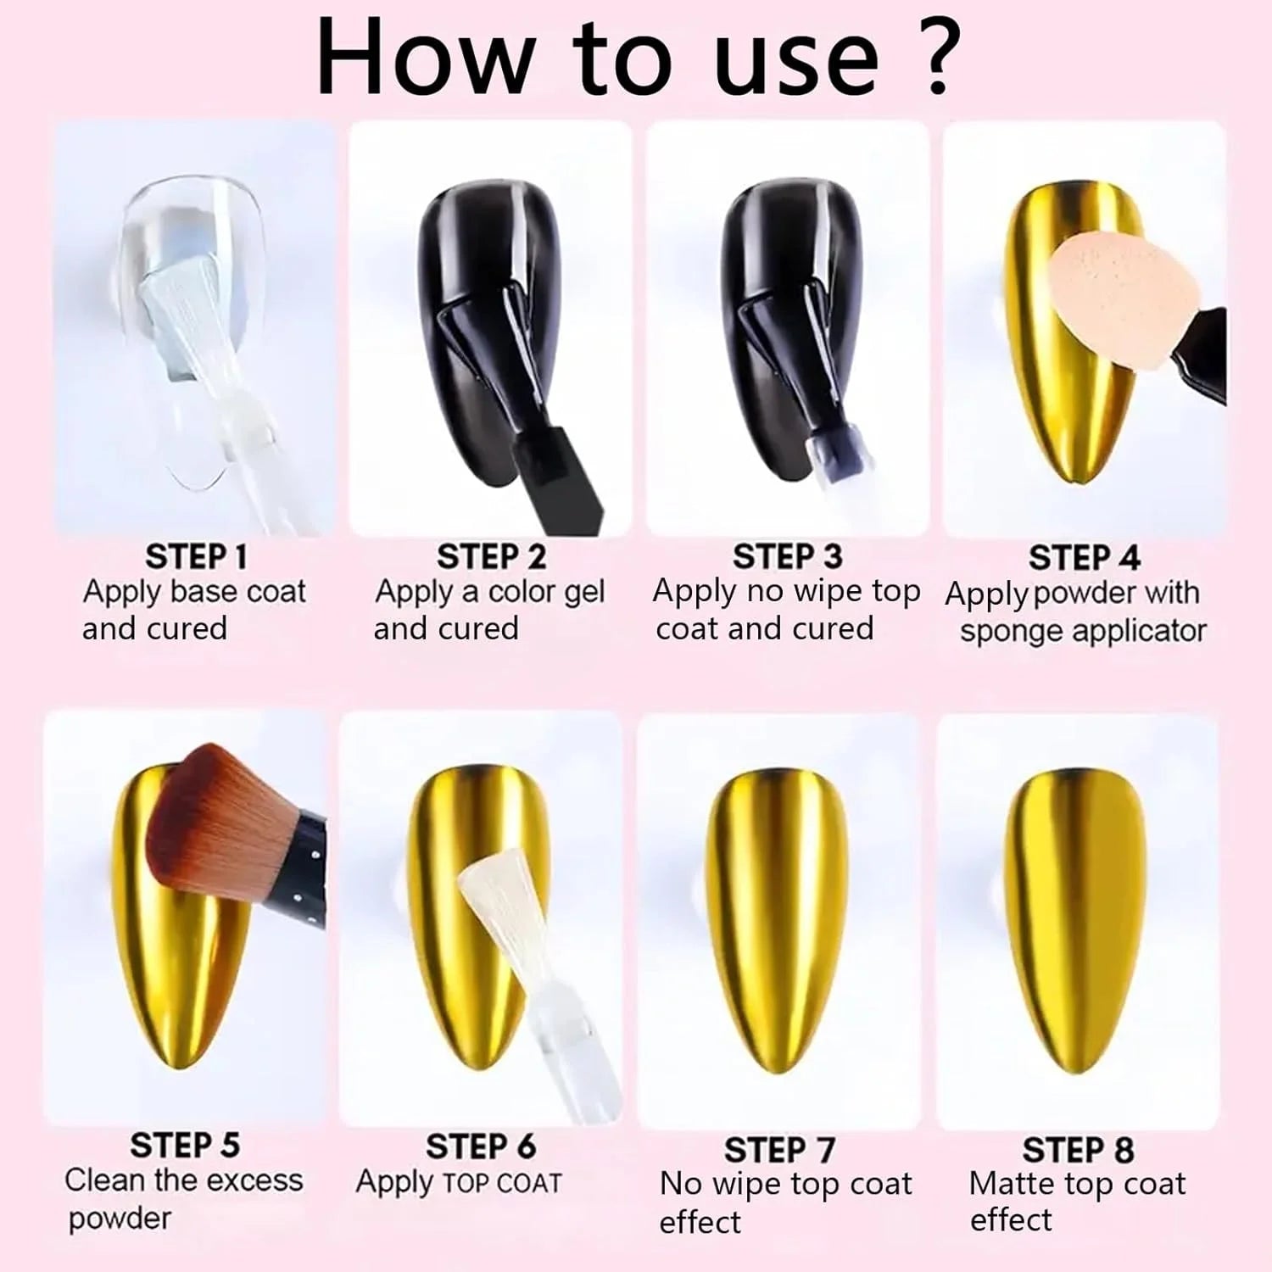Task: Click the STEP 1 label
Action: (x=197, y=557)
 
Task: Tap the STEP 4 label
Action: (x=1084, y=558)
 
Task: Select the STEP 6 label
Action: (x=481, y=1146)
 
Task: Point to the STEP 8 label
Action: (x=1078, y=1150)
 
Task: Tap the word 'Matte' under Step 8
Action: (x=1013, y=1183)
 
